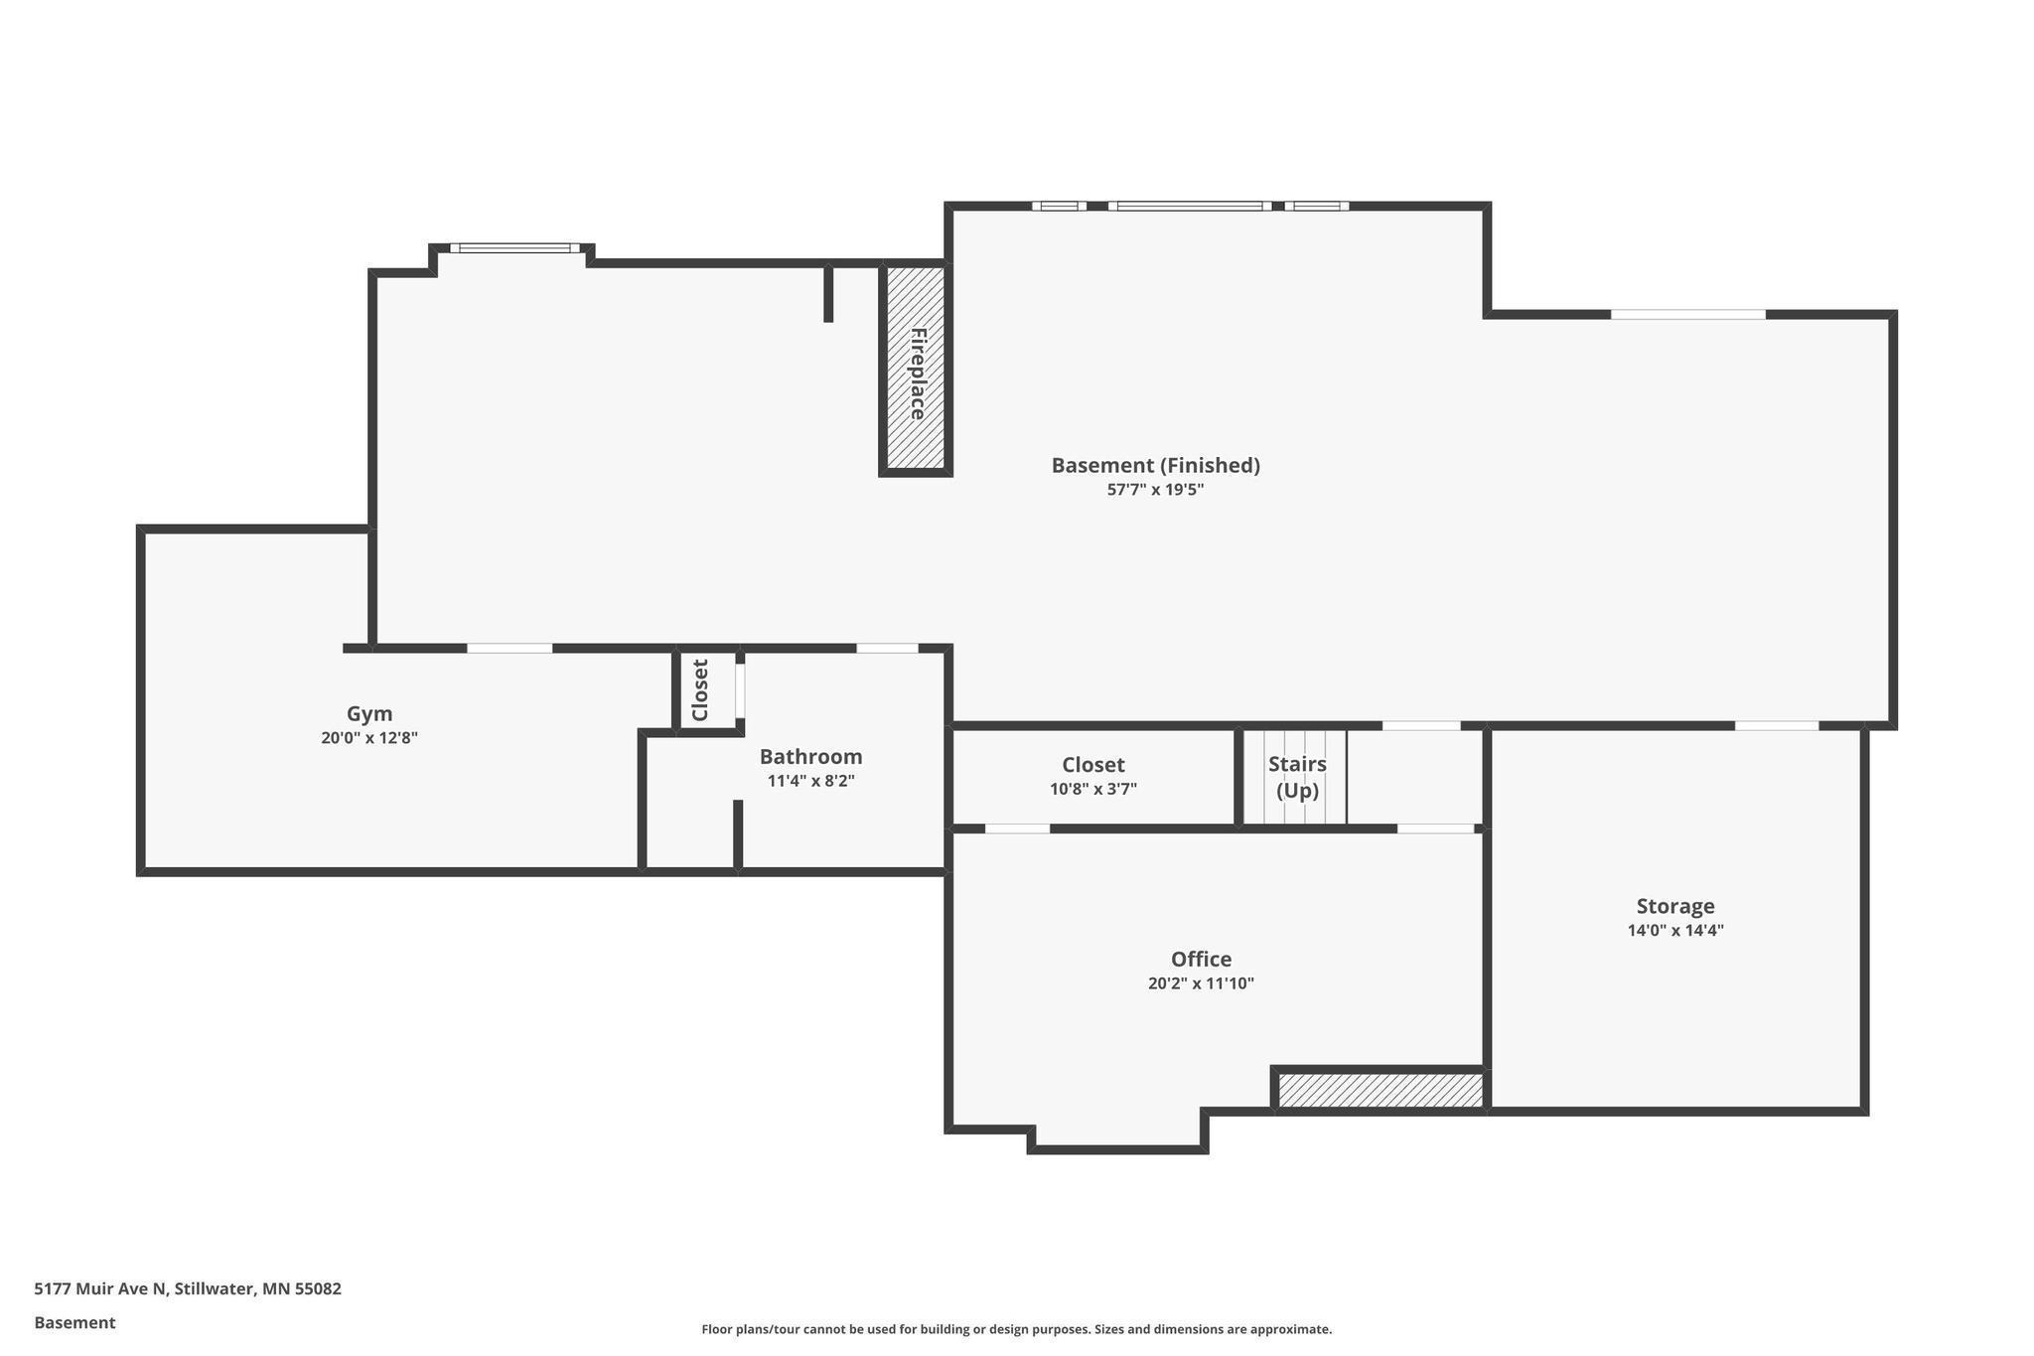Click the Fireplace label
(x=918, y=374)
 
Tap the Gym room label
(x=369, y=713)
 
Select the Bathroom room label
(x=810, y=757)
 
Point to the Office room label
(x=1201, y=960)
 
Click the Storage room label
(x=1675, y=906)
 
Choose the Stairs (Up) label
(x=1297, y=777)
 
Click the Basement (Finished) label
(x=1155, y=465)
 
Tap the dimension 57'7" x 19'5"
(x=1155, y=490)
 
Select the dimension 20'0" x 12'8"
(x=369, y=738)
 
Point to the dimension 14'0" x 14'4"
(x=1675, y=931)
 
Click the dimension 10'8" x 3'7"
(x=1092, y=790)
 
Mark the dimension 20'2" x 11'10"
(x=1201, y=983)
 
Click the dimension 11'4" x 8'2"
(x=810, y=781)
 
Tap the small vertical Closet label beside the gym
(x=700, y=690)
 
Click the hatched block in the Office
(x=1380, y=1090)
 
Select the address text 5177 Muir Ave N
(x=101, y=1289)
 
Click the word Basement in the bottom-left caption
(x=74, y=1323)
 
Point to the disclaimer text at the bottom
(x=1017, y=1329)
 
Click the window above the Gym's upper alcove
(x=514, y=248)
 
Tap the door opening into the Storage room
(x=1777, y=725)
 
